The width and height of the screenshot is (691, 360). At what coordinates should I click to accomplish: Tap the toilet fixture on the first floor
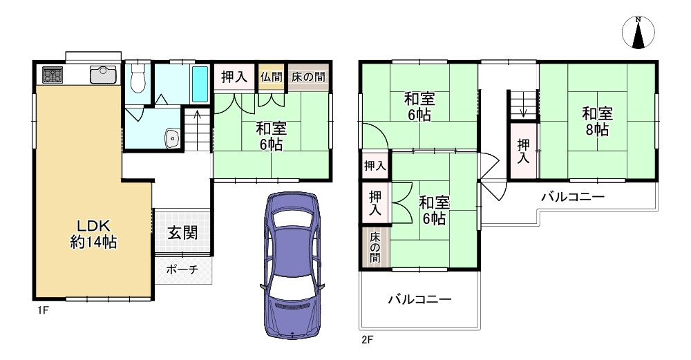[138, 79]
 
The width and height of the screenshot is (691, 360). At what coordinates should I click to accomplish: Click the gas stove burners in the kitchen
[53, 73]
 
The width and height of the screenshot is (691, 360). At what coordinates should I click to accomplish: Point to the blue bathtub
[200, 84]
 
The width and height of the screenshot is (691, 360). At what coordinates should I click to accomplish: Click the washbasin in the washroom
[171, 138]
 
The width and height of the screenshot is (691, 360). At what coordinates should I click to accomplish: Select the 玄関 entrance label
[182, 232]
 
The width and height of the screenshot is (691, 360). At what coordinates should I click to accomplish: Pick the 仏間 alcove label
[271, 77]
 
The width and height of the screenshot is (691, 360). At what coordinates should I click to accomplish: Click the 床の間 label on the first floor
[308, 77]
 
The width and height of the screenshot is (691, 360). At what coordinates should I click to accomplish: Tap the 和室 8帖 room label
[596, 121]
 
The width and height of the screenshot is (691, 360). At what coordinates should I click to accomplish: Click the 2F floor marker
[366, 339]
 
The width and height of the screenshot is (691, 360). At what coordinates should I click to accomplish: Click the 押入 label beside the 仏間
[234, 77]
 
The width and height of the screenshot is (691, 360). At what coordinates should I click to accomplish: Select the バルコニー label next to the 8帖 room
[572, 197]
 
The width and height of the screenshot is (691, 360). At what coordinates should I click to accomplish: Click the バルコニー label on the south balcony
[419, 299]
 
